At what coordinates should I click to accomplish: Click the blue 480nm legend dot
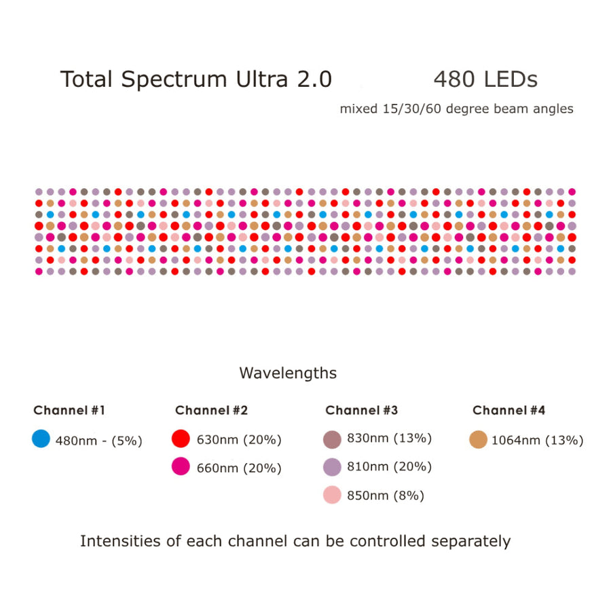[41, 439]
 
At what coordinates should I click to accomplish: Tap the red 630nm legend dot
[181, 439]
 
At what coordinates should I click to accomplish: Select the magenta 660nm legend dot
[181, 466]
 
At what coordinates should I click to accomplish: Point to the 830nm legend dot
[331, 439]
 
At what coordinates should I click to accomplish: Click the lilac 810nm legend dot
[331, 467]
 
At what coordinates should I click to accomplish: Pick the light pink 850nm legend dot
[331, 495]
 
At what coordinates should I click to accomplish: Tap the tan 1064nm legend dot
[479, 439]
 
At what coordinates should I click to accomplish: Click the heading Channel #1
[69, 410]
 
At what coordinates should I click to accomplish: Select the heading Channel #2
[211, 410]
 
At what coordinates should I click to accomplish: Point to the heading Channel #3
[361, 410]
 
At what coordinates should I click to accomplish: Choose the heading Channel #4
[508, 410]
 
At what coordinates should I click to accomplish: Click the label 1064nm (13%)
[537, 440]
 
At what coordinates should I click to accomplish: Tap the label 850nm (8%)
[385, 496]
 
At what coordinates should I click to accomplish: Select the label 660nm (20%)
[238, 468]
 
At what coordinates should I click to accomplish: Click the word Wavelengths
[288, 373]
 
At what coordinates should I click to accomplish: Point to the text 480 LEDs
[485, 79]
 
